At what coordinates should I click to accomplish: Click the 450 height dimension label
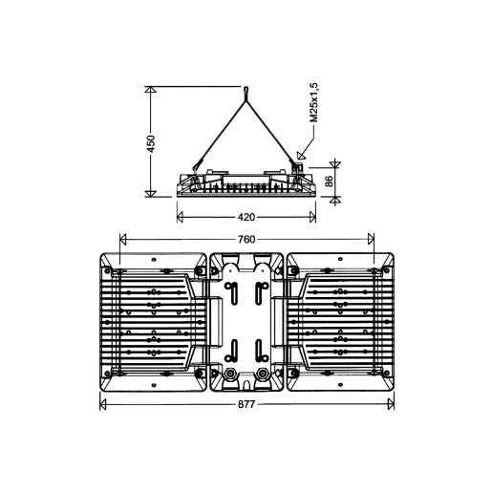click(151, 143)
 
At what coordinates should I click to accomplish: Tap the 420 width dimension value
click(246, 217)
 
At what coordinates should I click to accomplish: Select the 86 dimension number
click(330, 182)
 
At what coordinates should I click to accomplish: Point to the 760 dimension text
click(246, 239)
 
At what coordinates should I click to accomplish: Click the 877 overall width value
click(246, 404)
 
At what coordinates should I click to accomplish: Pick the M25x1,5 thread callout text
click(313, 102)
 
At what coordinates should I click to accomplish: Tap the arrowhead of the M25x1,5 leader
click(301, 155)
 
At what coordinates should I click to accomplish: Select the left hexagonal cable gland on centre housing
click(230, 373)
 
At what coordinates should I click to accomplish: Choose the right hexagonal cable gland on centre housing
click(263, 373)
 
